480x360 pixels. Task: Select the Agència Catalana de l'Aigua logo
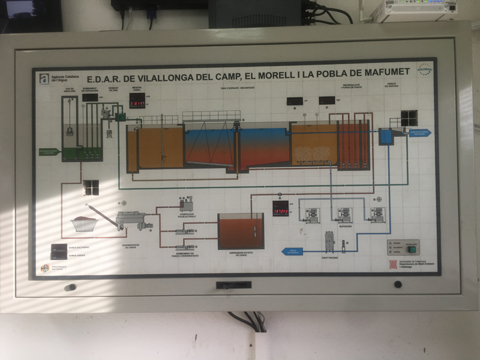point(44,78)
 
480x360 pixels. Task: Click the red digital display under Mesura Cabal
point(137,104)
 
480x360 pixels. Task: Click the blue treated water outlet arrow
point(420,133)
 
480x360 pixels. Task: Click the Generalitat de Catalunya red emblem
point(394,264)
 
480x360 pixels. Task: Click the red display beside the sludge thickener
point(280,212)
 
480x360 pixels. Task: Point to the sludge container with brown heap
point(84,223)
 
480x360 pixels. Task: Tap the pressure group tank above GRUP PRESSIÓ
point(329,239)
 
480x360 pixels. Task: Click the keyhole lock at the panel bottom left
point(70,287)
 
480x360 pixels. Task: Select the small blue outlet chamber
point(386,137)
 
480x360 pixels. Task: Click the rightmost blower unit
point(377,214)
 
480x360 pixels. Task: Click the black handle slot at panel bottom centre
point(234,285)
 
